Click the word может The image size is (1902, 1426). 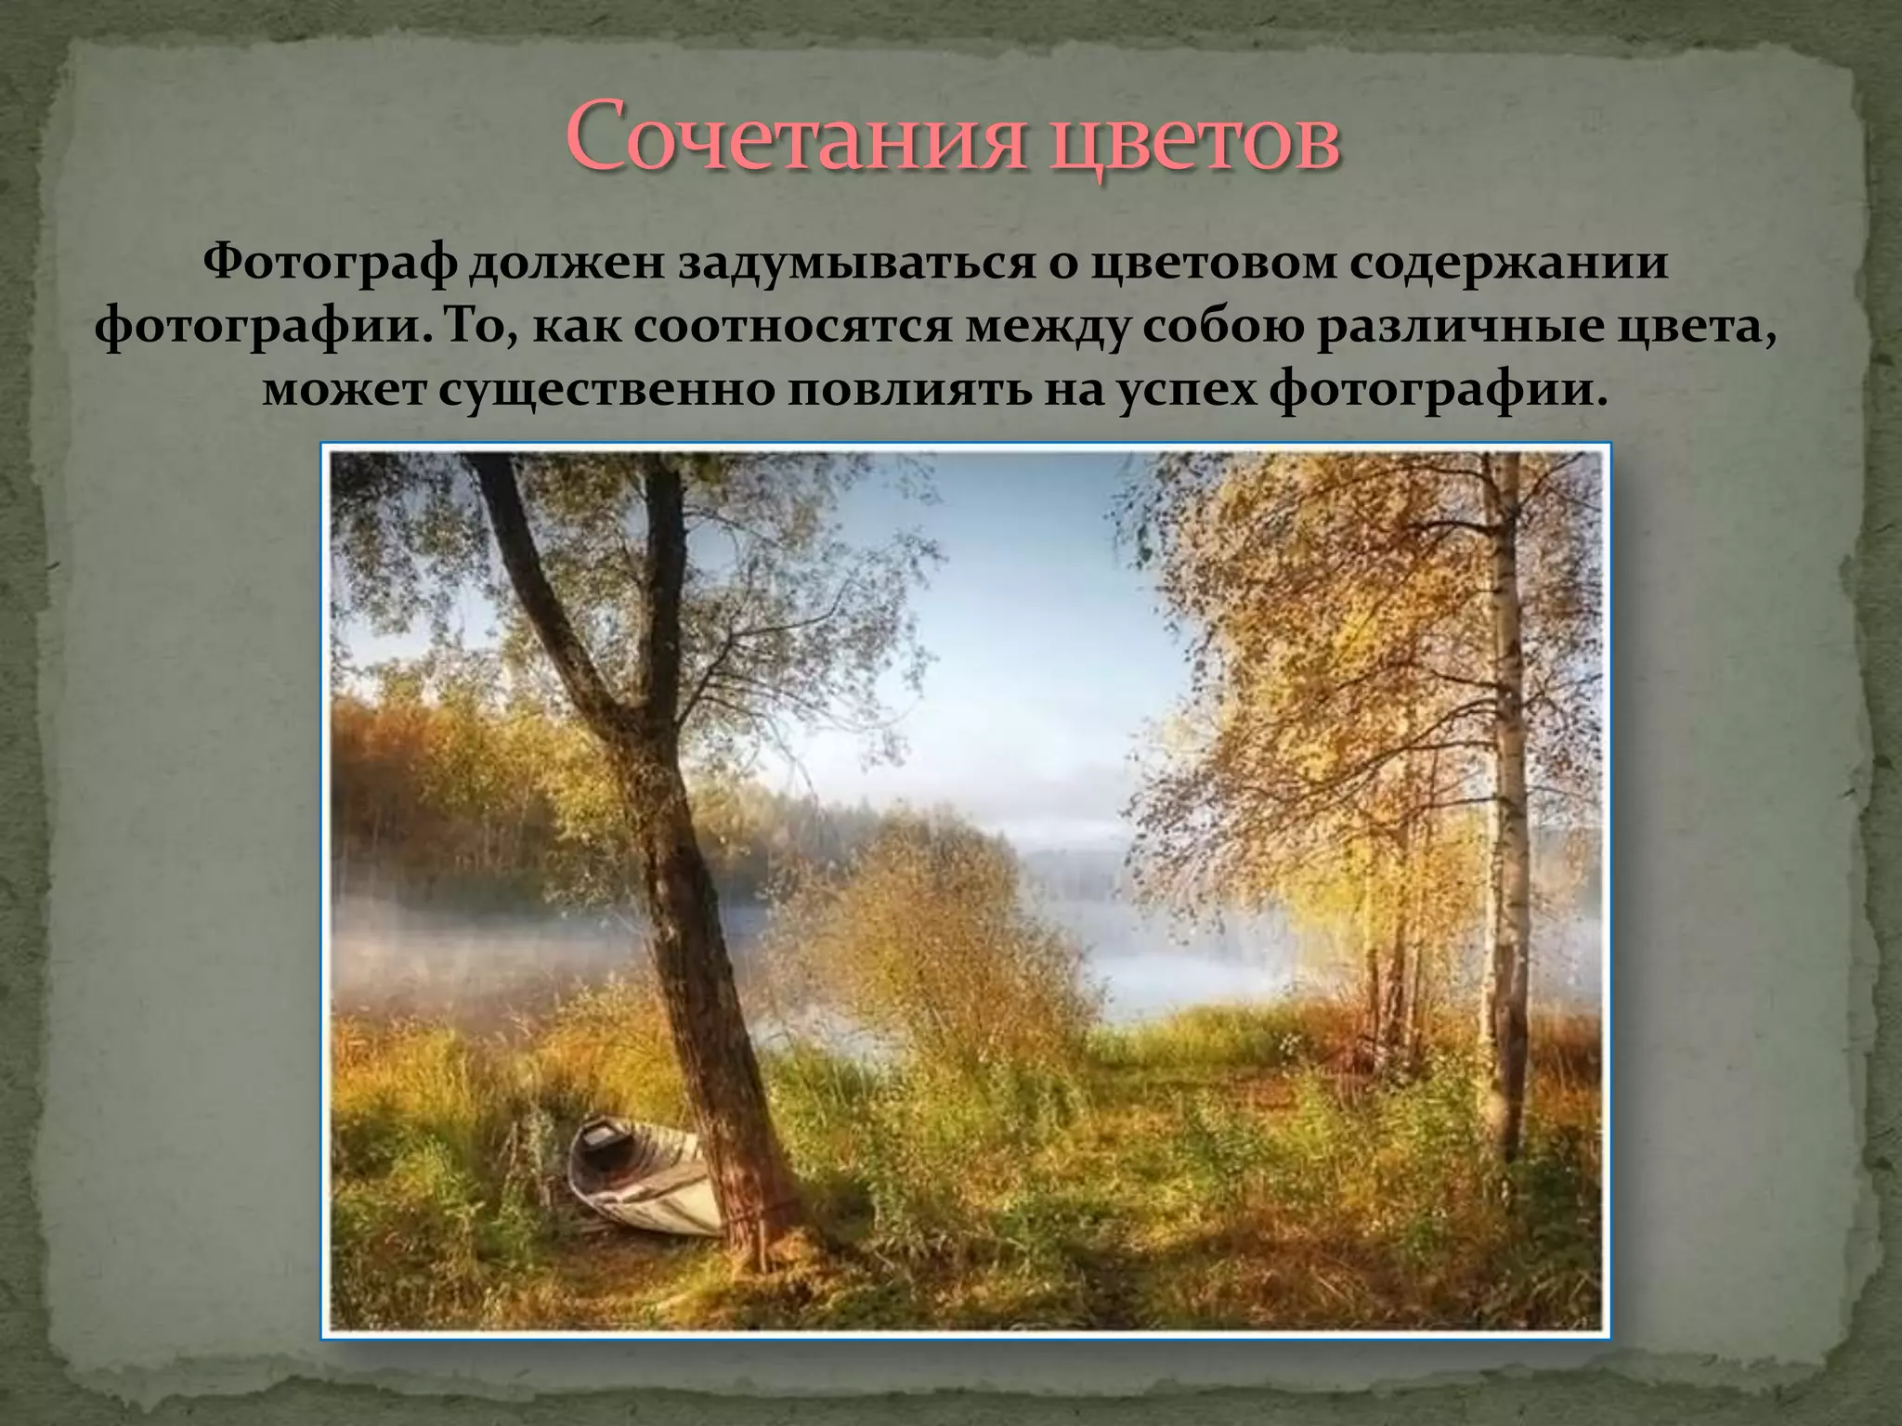point(343,391)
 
